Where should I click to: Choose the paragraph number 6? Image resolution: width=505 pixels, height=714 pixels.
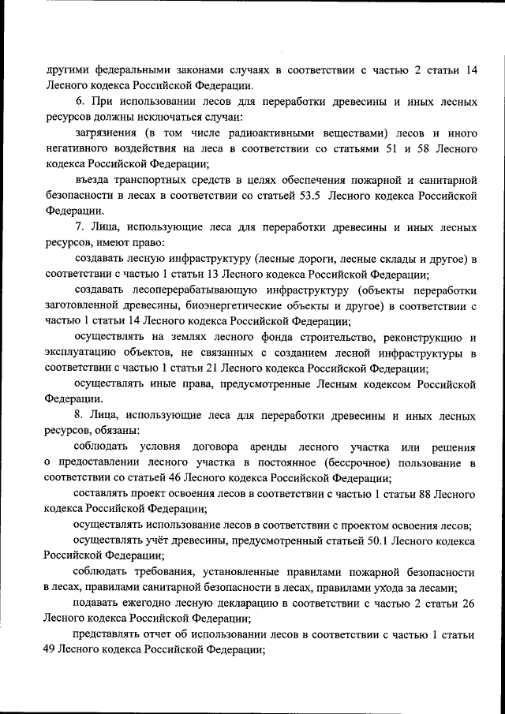[80, 103]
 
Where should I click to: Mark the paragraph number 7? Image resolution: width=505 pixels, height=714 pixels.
[80, 226]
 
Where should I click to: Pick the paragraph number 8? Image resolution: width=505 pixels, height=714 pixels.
[80, 415]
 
